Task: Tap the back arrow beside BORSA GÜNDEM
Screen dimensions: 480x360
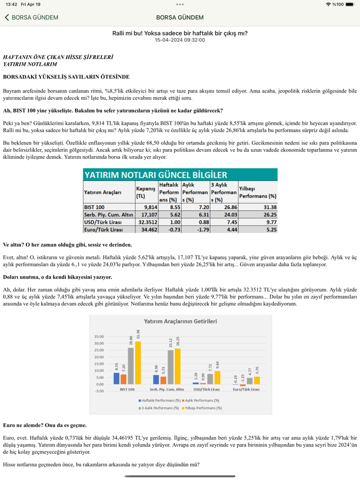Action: click(x=7, y=17)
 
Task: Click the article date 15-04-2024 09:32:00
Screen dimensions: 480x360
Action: click(x=180, y=40)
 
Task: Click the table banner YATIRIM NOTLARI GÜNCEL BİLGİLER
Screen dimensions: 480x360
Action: click(x=179, y=174)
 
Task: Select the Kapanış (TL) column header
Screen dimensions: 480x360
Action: click(x=146, y=193)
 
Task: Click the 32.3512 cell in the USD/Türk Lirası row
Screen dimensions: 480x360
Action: click(x=146, y=222)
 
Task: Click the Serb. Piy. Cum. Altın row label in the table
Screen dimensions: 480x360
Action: click(x=109, y=214)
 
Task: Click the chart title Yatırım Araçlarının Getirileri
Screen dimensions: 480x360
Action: click(x=180, y=321)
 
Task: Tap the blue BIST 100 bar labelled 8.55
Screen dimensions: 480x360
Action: click(x=117, y=378)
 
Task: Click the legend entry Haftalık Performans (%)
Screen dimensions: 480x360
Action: click(x=159, y=400)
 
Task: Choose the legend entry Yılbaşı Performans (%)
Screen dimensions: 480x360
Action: click(x=204, y=408)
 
